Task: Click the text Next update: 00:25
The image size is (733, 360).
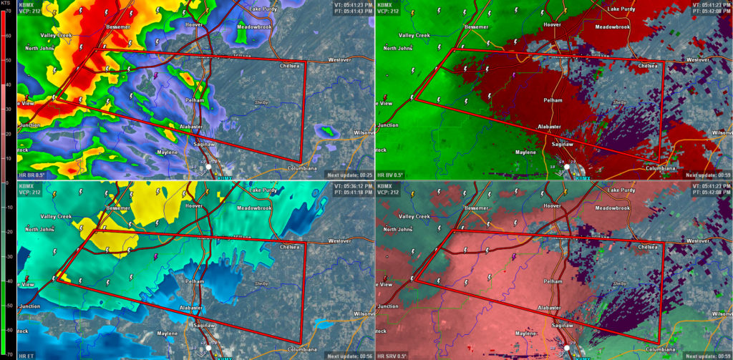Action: [349, 175]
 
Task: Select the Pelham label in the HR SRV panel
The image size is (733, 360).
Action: [553, 281]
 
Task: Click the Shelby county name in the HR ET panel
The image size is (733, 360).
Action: [261, 283]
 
